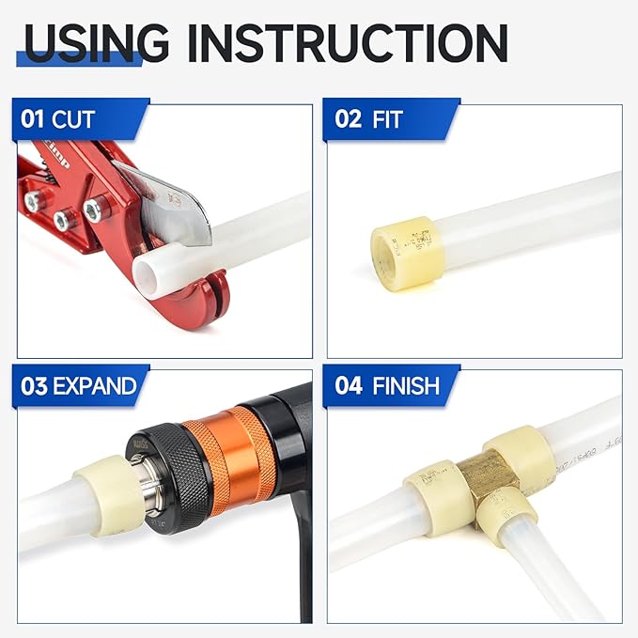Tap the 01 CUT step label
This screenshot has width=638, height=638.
pyautogui.click(x=59, y=120)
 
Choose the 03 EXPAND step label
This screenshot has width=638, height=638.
pyautogui.click(x=79, y=385)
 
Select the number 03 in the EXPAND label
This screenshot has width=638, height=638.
pyautogui.click(x=34, y=385)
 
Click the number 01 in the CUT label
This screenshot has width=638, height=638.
pyautogui.click(x=34, y=120)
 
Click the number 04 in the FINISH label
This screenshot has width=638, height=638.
pyautogui.click(x=347, y=385)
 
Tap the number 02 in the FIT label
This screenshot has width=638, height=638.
pyautogui.click(x=347, y=120)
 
